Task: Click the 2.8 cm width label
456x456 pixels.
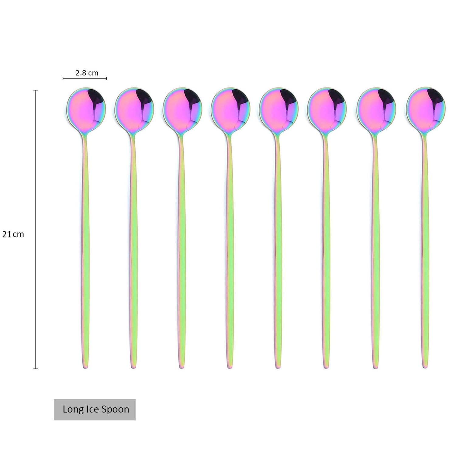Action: click(x=87, y=73)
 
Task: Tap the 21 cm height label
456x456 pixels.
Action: click(x=13, y=234)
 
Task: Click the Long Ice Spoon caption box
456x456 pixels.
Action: click(x=95, y=409)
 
